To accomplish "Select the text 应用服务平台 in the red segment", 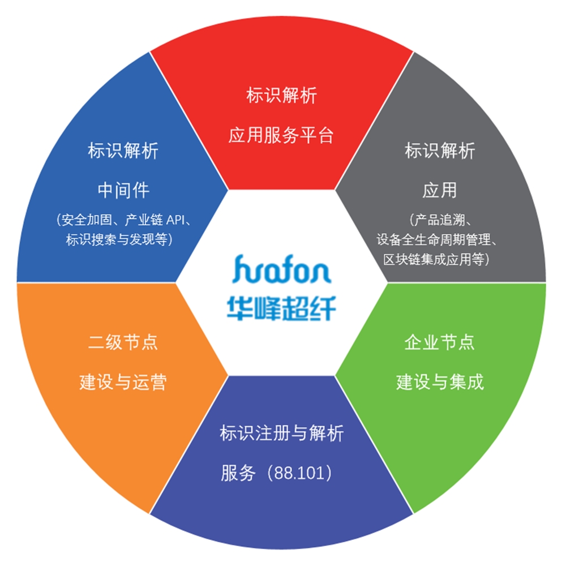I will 281,135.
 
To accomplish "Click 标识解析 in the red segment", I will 281,95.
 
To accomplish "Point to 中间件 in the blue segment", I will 123,190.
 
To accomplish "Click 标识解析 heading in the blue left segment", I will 123,151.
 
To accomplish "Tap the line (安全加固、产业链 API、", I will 123,220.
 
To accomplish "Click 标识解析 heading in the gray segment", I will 440,151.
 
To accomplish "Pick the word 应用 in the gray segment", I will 440,190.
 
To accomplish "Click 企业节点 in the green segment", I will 440,342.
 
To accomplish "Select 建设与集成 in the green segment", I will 440,382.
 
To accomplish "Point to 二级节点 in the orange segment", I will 123,342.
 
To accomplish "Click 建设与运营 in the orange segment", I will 123,382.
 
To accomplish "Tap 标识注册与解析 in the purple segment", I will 281,434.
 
